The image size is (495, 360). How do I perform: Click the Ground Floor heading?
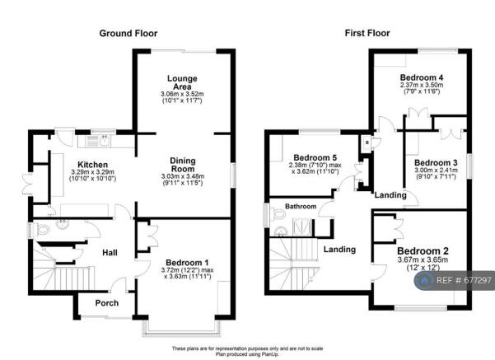[128, 33]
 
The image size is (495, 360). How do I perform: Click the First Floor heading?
[367, 33]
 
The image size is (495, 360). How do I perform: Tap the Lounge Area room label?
[182, 82]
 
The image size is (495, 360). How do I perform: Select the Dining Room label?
[183, 165]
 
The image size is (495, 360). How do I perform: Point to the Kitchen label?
[92, 165]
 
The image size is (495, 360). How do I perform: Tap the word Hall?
[110, 252]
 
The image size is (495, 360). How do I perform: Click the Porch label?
[107, 303]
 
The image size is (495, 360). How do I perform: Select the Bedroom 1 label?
[187, 263]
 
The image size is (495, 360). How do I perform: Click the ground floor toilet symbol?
[41, 229]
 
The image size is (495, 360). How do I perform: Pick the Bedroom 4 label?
[422, 77]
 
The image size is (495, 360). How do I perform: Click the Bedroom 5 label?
[315, 157]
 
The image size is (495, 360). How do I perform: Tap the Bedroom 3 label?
[436, 163]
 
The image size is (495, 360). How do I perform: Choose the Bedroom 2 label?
[423, 251]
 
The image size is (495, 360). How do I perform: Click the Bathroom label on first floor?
[301, 206]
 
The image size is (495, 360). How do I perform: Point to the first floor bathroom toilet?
[278, 214]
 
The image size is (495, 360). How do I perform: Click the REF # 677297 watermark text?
[464, 280]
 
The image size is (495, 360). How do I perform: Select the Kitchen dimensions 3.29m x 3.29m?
[92, 172]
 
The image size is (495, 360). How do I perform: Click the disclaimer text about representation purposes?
[247, 348]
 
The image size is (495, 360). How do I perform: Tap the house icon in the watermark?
[424, 280]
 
